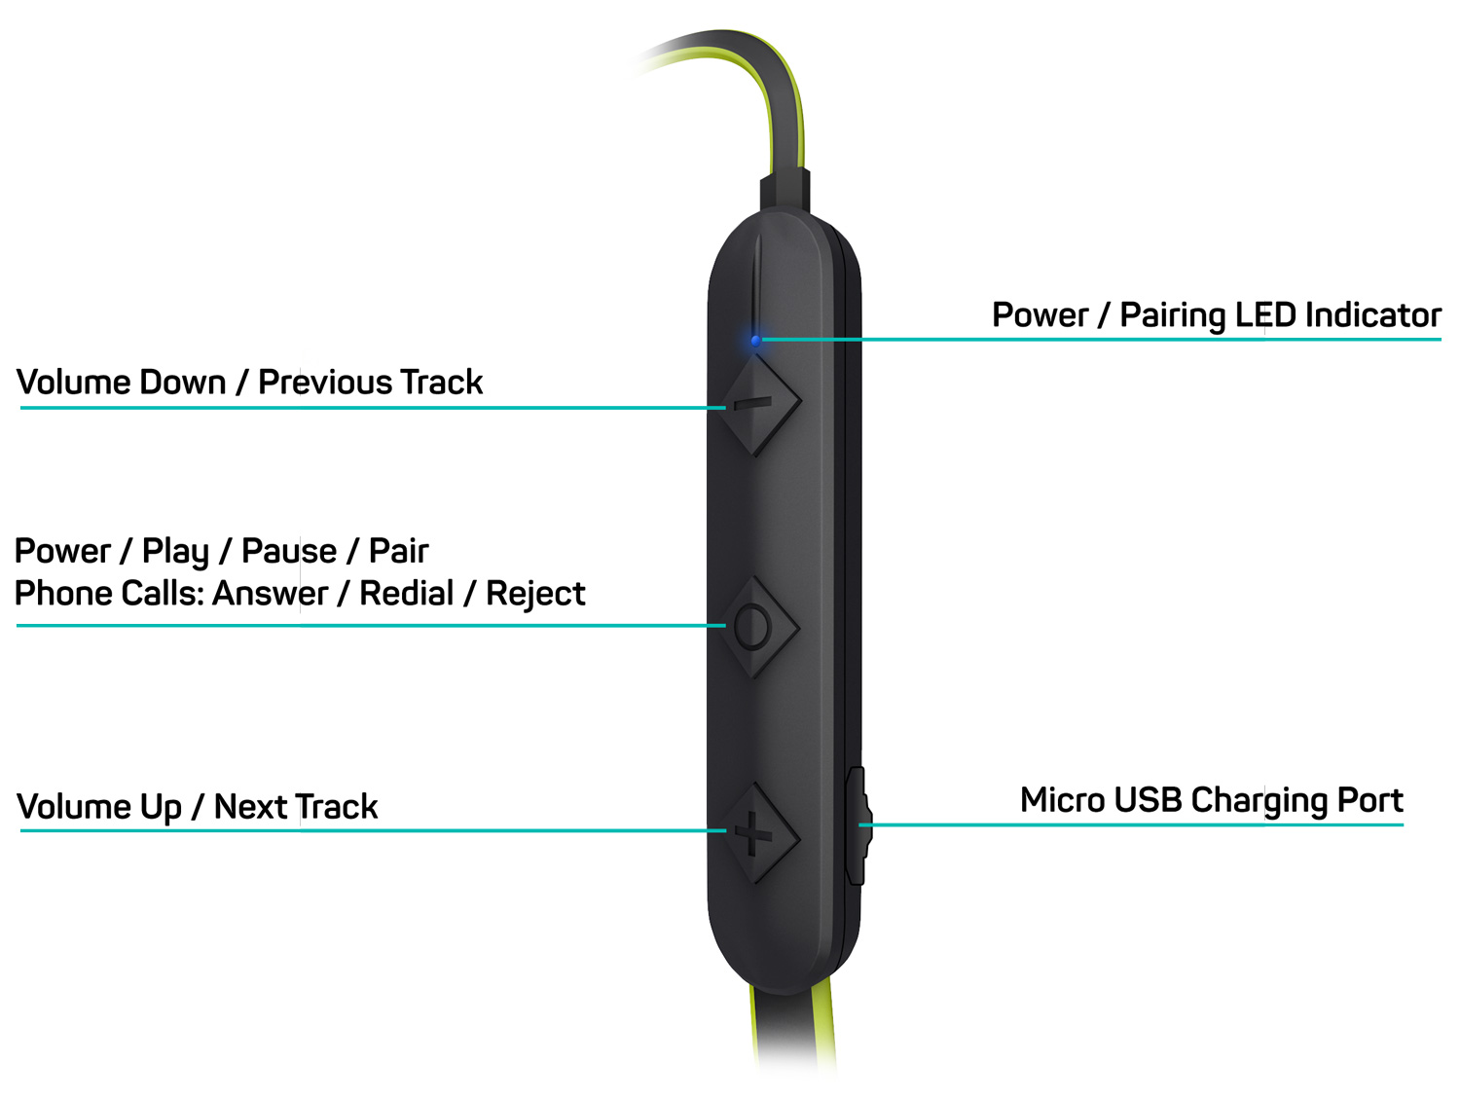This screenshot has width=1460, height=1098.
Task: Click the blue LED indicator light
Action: tap(755, 341)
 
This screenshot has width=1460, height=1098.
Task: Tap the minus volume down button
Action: tap(753, 403)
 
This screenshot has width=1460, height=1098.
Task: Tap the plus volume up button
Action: tap(753, 832)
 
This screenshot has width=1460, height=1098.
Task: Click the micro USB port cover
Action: tap(858, 825)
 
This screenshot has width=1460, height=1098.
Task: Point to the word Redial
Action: tap(407, 593)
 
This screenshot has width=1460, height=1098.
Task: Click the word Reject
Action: tap(535, 594)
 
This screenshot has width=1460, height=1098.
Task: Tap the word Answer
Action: tap(270, 593)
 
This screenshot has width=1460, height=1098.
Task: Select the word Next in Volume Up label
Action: tap(251, 806)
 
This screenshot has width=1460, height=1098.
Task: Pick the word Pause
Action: tap(289, 551)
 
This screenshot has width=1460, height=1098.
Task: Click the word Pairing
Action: tap(1173, 316)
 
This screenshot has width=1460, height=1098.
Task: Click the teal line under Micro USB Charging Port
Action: tap(1131, 824)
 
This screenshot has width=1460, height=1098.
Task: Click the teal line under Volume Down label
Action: tap(373, 407)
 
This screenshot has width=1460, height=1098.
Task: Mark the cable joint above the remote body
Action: tap(785, 190)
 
